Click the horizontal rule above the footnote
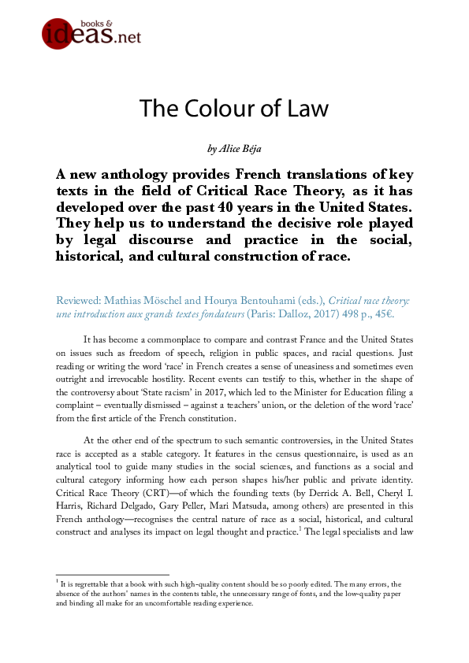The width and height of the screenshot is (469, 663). [x=108, y=575]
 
